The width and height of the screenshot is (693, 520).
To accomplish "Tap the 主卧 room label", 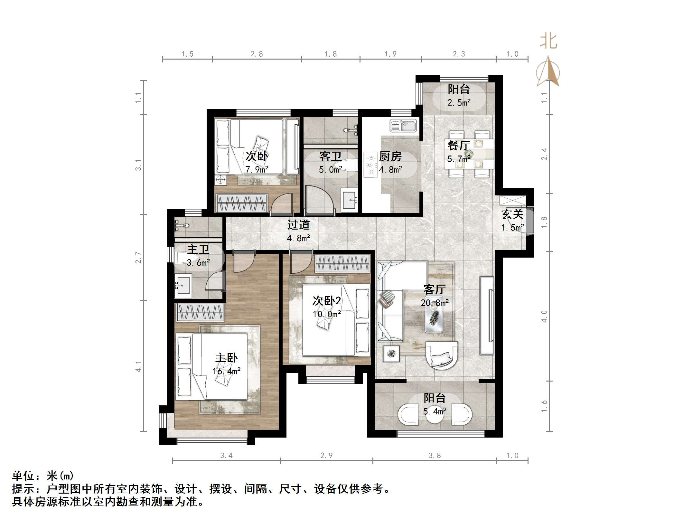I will (226, 358).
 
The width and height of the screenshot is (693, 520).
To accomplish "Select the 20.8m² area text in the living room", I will (435, 303).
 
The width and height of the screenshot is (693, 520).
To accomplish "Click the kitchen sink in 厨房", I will (403, 126).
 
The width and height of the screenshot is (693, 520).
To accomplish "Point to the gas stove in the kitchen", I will (370, 165).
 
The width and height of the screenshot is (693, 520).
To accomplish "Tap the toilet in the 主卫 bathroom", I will (181, 258).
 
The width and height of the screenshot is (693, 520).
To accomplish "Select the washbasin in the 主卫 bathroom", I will (183, 285).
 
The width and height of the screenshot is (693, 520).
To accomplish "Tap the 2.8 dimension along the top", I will (257, 54).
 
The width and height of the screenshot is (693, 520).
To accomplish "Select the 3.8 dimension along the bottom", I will (435, 456).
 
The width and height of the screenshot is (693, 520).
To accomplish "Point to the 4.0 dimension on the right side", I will (544, 316).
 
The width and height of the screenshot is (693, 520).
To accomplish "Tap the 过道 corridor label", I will (298, 225).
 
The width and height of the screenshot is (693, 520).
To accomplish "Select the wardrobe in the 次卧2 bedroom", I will (342, 263).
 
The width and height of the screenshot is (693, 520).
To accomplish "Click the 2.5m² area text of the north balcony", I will (459, 103).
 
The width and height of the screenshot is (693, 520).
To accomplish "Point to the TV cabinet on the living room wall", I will (487, 316).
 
